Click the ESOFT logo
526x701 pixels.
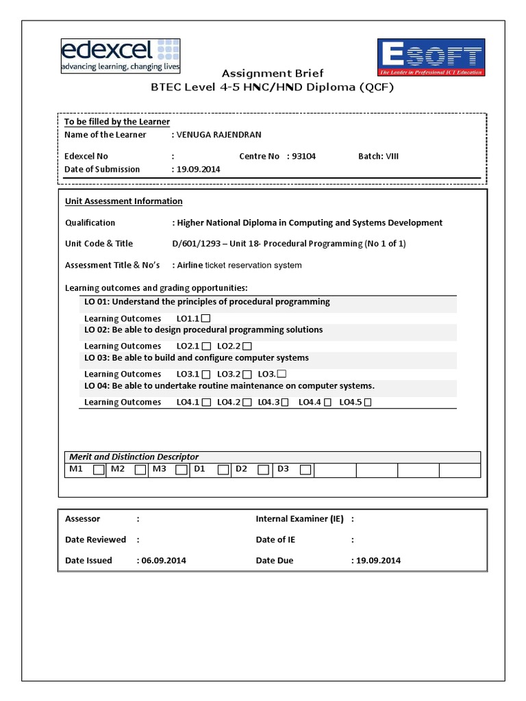coord(430,57)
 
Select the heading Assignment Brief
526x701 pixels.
coord(272,73)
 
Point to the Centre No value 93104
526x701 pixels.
coord(304,156)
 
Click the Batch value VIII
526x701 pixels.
coord(392,156)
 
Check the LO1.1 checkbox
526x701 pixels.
coord(206,318)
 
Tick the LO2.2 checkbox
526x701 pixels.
coord(247,346)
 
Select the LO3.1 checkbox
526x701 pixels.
coord(206,374)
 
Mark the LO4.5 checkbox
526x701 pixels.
coord(368,403)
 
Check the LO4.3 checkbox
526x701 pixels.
coord(287,403)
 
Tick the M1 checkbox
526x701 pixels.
coord(99,470)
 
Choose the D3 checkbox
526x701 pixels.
coord(305,470)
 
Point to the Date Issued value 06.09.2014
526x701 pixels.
coord(164,560)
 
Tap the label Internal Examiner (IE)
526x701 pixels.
coord(300,519)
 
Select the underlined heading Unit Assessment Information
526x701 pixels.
coord(123,201)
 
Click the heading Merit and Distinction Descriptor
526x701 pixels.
coord(134,457)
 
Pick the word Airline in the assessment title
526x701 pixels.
coord(191,265)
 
